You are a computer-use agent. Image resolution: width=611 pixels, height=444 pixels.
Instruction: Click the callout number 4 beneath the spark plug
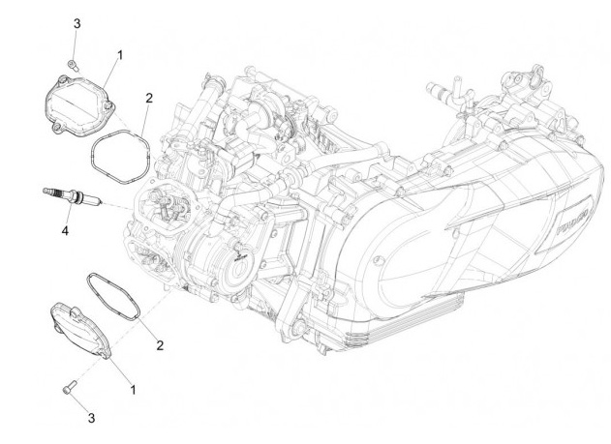click(x=66, y=231)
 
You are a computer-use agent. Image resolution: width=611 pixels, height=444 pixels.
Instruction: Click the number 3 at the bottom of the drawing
click(x=92, y=418)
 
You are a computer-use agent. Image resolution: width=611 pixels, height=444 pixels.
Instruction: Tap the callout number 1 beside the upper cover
click(x=119, y=56)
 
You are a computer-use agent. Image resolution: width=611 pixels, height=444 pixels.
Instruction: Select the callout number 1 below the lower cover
click(x=133, y=389)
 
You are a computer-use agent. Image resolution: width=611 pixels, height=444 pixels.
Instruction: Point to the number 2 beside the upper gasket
click(x=148, y=98)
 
